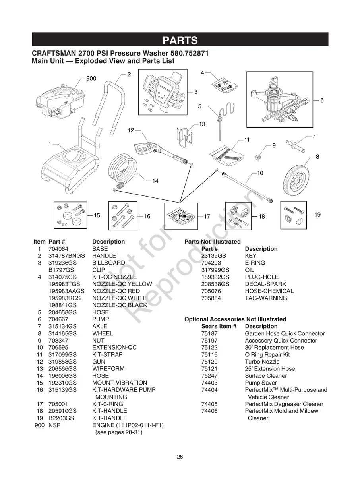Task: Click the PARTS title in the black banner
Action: pyautogui.click(x=180, y=40)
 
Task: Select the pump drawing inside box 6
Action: pyautogui.click(x=280, y=101)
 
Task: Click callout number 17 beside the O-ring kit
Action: pyautogui.click(x=207, y=217)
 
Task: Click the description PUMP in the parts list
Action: pyautogui.click(x=101, y=319)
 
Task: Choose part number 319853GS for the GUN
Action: pyautogui.click(x=62, y=362)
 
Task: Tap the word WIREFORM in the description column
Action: pyautogui.click(x=108, y=369)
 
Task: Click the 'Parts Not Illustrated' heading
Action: pyautogui.click(x=213, y=242)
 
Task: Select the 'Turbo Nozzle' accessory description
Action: pyautogui.click(x=262, y=362)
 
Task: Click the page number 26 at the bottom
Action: pyautogui.click(x=180, y=457)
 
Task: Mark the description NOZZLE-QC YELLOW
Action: pyautogui.click(x=122, y=284)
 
